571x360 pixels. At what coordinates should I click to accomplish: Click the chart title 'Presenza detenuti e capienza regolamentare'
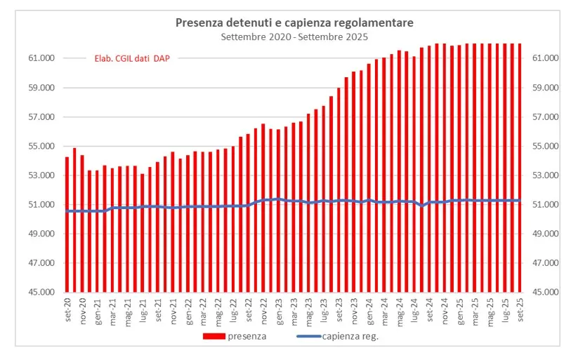click(294, 23)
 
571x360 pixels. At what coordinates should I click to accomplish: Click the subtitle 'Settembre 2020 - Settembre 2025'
click(294, 36)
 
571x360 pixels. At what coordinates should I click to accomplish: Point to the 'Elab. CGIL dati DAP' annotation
click(132, 59)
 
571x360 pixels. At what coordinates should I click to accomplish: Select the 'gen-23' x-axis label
click(279, 309)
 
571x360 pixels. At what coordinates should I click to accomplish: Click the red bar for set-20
click(67, 224)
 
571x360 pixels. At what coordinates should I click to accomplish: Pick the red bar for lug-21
click(143, 232)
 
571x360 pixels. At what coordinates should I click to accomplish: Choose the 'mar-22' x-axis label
click(203, 309)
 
